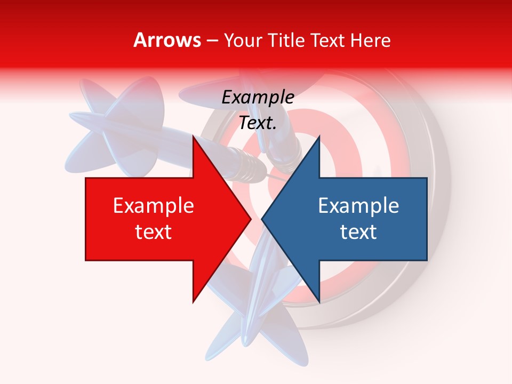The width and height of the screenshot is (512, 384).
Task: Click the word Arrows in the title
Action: (x=167, y=40)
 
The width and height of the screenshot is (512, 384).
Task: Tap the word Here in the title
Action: (x=371, y=41)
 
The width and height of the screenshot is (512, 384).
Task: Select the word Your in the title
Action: (x=243, y=41)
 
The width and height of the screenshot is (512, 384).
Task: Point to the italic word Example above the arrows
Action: (x=258, y=98)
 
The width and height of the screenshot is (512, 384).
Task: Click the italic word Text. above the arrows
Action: (x=258, y=123)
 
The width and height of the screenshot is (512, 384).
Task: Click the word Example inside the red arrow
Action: (x=153, y=205)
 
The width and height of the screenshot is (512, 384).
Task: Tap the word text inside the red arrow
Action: (x=153, y=231)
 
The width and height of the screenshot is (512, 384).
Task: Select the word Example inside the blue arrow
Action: (x=358, y=205)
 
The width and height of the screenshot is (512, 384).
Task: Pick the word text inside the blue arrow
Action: (x=358, y=231)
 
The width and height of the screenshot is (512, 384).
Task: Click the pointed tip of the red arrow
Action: (x=251, y=219)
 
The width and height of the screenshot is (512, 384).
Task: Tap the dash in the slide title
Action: (x=212, y=41)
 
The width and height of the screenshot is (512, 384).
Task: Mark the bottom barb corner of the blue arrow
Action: (x=319, y=302)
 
